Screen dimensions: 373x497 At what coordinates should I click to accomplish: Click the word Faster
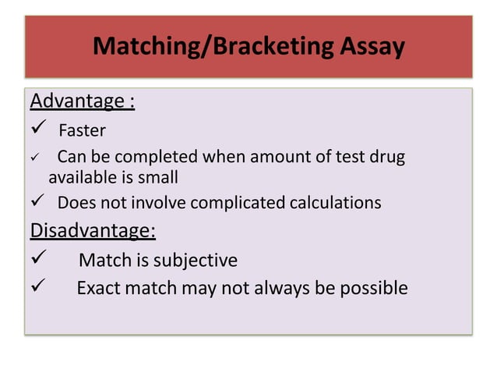pos(82,130)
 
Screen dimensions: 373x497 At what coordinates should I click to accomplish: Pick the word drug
pos(388,157)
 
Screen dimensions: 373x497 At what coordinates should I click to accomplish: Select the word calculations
pos(335,204)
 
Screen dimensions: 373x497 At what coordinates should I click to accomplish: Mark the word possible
pos(372,289)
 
